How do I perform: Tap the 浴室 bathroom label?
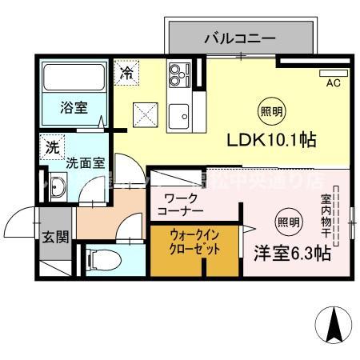point(74,109)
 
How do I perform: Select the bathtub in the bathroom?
point(73,78)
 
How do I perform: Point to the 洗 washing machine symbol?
point(52,147)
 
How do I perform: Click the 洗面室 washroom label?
point(84,162)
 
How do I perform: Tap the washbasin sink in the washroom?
point(57,188)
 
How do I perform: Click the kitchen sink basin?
point(177,111)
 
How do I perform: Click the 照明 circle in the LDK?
point(268,110)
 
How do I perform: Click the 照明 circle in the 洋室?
point(290,222)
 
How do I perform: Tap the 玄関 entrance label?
point(54,236)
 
